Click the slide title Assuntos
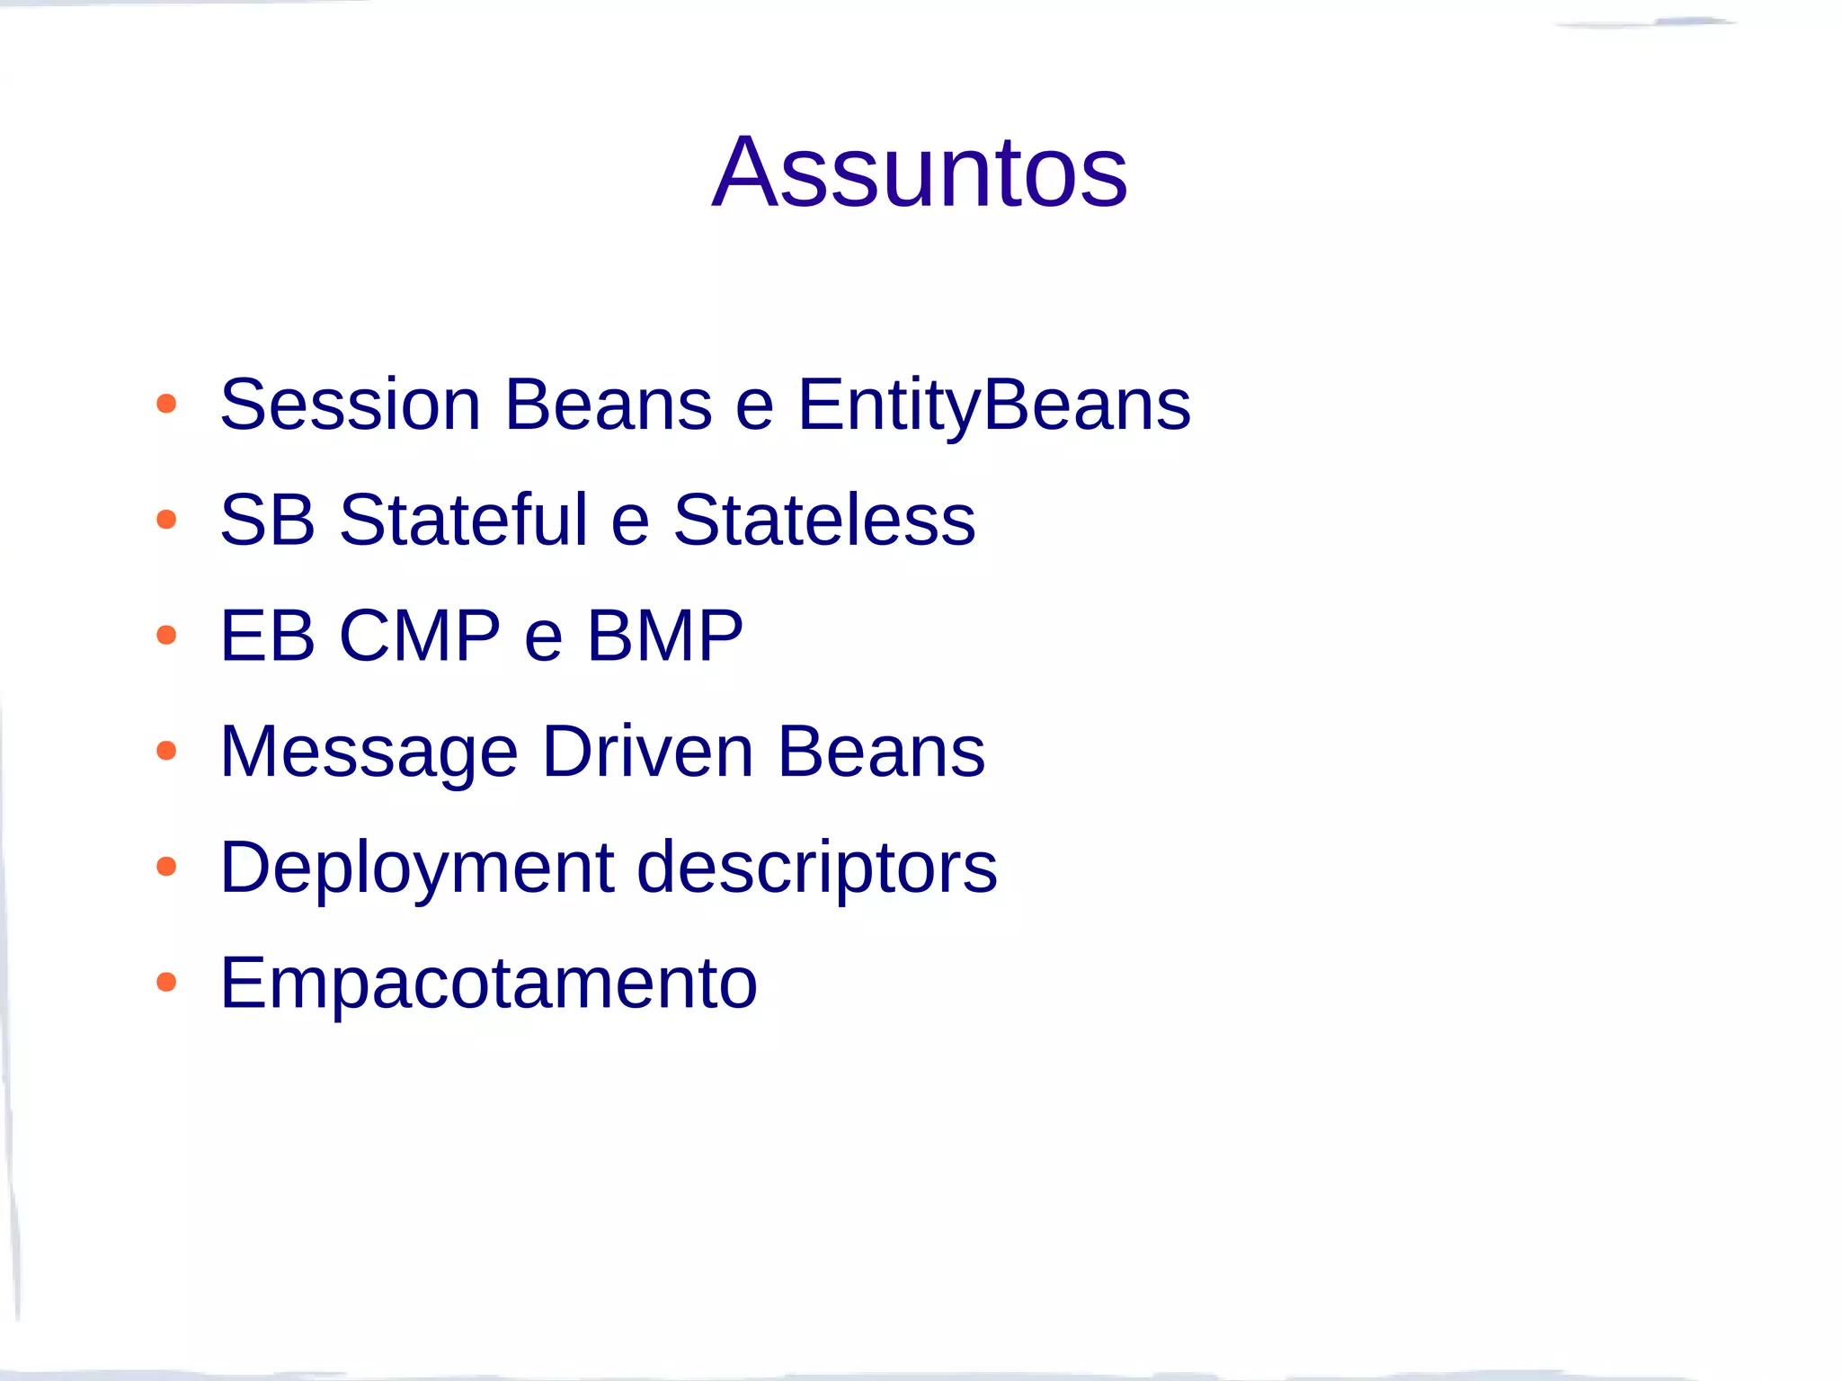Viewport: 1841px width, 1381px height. (919, 172)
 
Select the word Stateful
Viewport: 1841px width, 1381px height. (463, 520)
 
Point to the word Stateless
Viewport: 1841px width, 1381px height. (823, 520)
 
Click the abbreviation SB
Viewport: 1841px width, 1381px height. (268, 520)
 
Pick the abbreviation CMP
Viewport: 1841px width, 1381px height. (420, 636)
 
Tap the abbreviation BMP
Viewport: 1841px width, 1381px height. (665, 636)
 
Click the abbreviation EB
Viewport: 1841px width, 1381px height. (268, 636)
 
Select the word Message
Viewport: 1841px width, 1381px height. (369, 753)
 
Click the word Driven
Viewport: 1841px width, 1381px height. (647, 751)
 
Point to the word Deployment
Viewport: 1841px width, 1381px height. (417, 869)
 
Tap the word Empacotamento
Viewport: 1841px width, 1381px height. (488, 984)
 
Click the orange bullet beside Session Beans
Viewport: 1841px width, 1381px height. (166, 404)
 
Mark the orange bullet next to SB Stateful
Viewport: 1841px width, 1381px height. (166, 520)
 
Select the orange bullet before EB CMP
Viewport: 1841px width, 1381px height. (166, 636)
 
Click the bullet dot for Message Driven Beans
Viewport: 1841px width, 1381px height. (166, 751)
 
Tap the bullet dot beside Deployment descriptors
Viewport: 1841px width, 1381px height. (166, 867)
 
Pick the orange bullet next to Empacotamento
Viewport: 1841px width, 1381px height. (166, 982)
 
